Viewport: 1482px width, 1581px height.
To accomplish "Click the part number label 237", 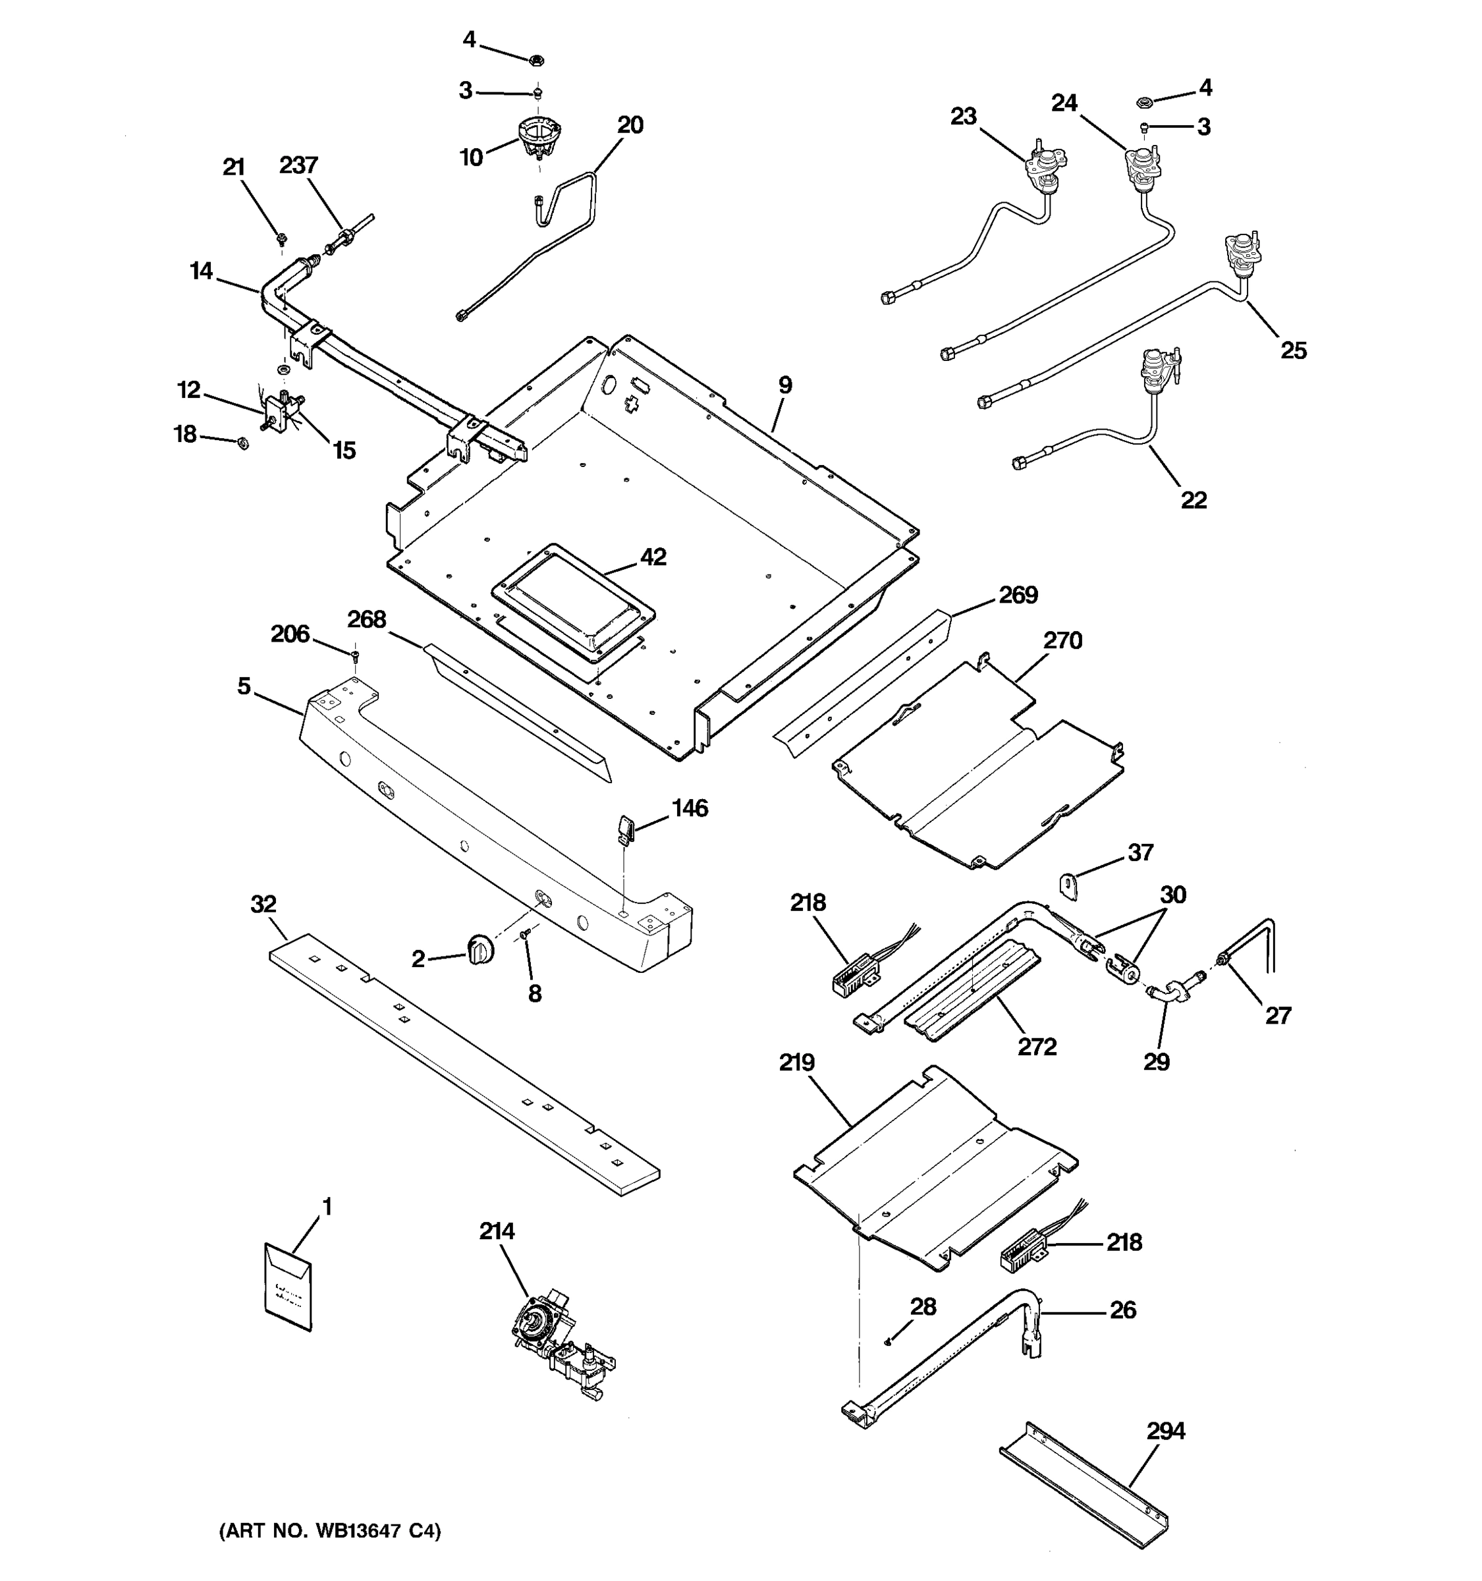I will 299,165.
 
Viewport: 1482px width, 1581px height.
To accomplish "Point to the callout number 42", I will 653,557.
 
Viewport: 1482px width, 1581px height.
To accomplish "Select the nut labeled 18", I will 243,443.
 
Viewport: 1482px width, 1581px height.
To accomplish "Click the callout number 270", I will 1063,640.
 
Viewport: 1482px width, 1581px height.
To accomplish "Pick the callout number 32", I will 263,904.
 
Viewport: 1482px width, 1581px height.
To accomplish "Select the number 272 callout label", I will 1037,1047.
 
